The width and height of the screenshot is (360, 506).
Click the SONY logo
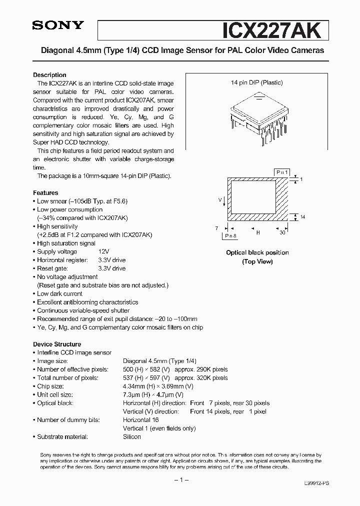click(57, 26)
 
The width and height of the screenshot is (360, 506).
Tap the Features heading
click(45, 192)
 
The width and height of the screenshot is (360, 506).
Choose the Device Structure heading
click(57, 344)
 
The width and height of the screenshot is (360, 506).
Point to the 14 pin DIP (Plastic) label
click(257, 82)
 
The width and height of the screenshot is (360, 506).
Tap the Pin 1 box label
click(282, 172)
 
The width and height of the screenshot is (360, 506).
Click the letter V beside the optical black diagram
click(220, 199)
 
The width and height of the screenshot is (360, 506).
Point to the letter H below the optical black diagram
click(258, 232)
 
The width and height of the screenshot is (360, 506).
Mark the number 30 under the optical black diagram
click(282, 232)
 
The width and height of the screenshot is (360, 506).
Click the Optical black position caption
click(257, 252)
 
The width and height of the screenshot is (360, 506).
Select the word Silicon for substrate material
click(132, 436)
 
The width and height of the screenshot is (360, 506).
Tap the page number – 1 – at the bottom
click(179, 480)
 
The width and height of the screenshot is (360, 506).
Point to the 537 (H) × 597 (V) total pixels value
click(146, 378)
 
